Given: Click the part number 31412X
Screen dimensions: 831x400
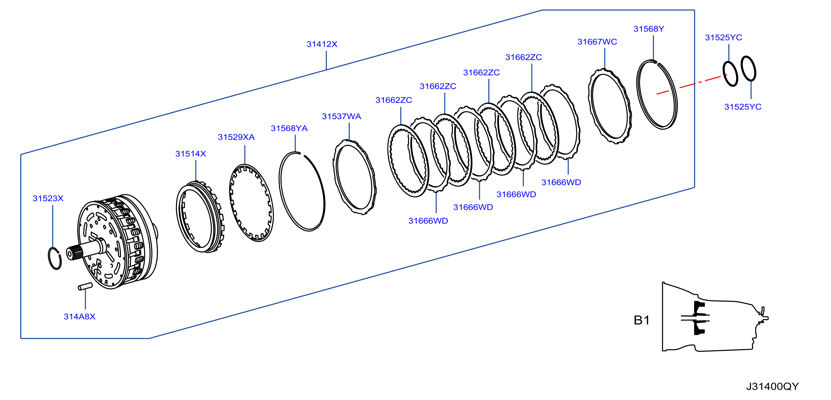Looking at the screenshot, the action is pyautogui.click(x=322, y=44).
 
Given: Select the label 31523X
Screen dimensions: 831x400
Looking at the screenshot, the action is pyautogui.click(x=48, y=198).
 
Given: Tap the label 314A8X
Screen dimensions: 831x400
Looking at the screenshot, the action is pyautogui.click(x=80, y=316).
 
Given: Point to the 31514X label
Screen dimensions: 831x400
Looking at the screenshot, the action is pyautogui.click(x=191, y=154).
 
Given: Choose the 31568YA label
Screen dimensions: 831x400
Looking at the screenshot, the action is pyautogui.click(x=289, y=128).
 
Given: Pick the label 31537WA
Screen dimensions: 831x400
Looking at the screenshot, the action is pyautogui.click(x=341, y=116).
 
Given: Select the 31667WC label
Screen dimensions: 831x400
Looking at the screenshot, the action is pyautogui.click(x=597, y=42).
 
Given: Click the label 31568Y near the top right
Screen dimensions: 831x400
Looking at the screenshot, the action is pyautogui.click(x=649, y=29).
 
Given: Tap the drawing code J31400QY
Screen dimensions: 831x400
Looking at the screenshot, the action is pyautogui.click(x=772, y=386).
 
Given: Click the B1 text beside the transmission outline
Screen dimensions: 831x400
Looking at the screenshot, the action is pyautogui.click(x=642, y=320).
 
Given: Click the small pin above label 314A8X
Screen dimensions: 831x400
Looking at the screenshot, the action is pyautogui.click(x=85, y=287).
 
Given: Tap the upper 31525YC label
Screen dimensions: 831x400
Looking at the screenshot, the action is pyautogui.click(x=723, y=38).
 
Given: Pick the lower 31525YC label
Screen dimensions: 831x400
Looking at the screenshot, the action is pyautogui.click(x=743, y=107).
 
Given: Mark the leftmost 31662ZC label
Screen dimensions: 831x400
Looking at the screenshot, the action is pyautogui.click(x=394, y=100).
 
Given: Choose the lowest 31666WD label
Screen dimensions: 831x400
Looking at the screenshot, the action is pyautogui.click(x=428, y=221).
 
